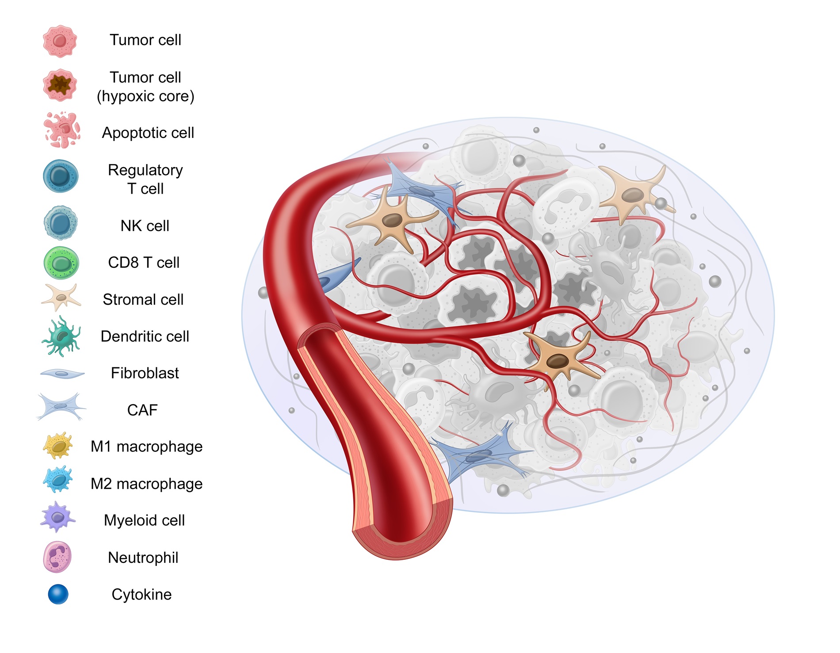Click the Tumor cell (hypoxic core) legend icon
(x=60, y=85)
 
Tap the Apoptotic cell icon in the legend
(x=62, y=130)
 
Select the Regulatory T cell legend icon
(x=61, y=176)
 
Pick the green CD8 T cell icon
(x=61, y=263)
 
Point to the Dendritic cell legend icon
(x=61, y=336)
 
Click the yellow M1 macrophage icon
(x=58, y=446)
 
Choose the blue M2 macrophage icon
(x=58, y=480)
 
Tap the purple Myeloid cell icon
(x=57, y=516)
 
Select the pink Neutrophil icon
(x=57, y=557)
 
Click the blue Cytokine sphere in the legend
(x=58, y=594)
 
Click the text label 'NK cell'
(x=145, y=226)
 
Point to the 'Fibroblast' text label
(x=145, y=373)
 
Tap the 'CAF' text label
(x=142, y=410)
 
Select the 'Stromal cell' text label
(x=143, y=300)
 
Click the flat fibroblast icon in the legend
(x=62, y=374)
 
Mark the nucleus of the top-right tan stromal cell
(x=633, y=195)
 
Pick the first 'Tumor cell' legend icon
(x=60, y=41)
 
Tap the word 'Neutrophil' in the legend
(x=143, y=558)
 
